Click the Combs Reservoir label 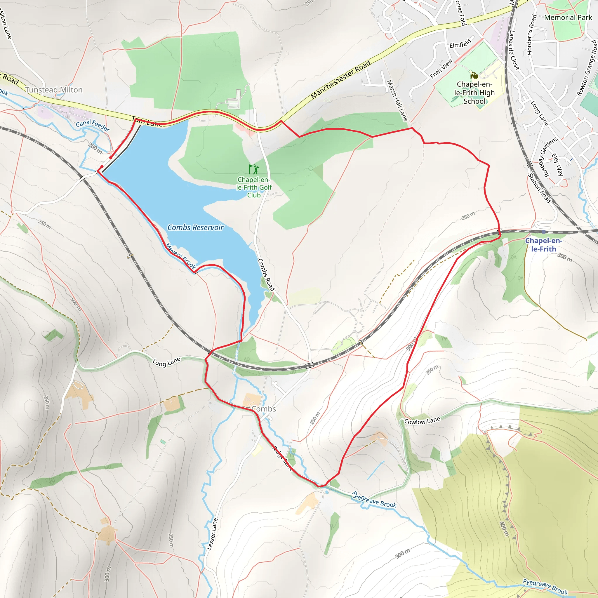tap(195, 227)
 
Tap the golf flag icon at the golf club tap(253, 169)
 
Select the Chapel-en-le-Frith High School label tap(474, 93)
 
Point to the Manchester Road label tap(340, 79)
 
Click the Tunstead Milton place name tap(54, 90)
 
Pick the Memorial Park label tap(568, 18)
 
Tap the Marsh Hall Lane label tap(397, 101)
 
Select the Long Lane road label tap(166, 362)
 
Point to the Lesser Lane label tap(212, 534)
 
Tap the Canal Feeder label tap(93, 125)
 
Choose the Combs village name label tap(263, 409)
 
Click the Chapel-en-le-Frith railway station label tap(543, 245)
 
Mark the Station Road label tap(539, 188)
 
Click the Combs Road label tap(266, 274)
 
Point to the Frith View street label tap(441, 69)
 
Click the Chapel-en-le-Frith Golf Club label tap(254, 187)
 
